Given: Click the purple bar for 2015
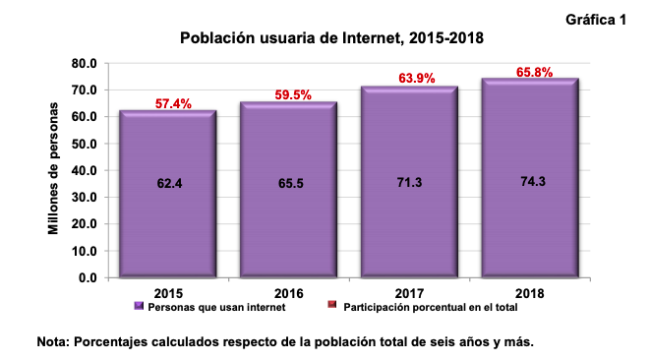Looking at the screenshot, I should [167, 226].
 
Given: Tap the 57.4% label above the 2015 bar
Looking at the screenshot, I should [172, 103].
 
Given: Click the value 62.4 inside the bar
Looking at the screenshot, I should [167, 183].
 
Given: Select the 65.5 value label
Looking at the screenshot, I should [288, 183].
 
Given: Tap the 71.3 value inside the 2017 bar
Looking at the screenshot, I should [409, 183].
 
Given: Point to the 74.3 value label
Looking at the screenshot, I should [530, 183].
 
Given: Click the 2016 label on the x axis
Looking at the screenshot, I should [288, 292].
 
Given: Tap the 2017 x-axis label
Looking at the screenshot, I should [409, 292].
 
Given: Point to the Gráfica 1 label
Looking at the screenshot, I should [598, 20].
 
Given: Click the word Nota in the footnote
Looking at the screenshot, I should [53, 342].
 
